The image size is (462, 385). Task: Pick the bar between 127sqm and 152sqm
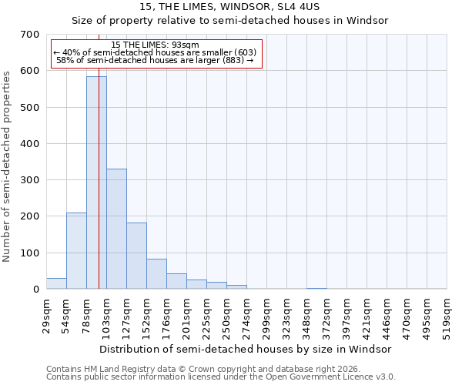(136, 256)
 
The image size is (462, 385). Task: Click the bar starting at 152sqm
(156, 274)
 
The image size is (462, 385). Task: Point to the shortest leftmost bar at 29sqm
(56, 283)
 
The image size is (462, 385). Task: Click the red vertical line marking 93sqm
(99, 192)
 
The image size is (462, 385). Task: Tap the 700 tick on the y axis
(30, 35)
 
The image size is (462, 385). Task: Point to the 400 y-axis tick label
(30, 144)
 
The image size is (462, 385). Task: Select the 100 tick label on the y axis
(30, 253)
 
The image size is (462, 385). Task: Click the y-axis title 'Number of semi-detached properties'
(8, 166)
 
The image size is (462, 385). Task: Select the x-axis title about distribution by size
(246, 349)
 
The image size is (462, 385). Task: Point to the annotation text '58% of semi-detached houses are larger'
(156, 60)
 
